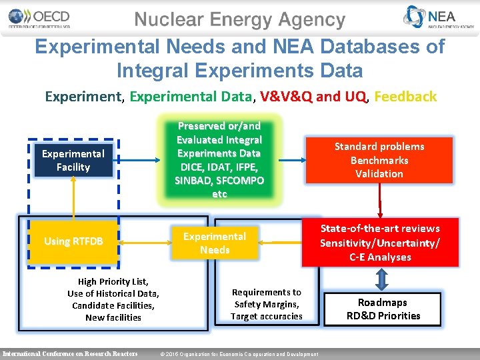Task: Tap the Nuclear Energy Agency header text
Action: click(x=240, y=20)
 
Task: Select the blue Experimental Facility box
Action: click(x=73, y=161)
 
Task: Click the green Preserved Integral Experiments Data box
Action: click(x=219, y=160)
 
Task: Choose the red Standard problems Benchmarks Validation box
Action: click(x=379, y=160)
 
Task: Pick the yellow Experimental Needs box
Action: click(x=215, y=243)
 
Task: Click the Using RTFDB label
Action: click(x=73, y=241)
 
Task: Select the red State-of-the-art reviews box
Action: click(x=379, y=243)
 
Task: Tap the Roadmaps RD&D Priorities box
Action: click(x=383, y=309)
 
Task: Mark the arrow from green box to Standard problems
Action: click(x=288, y=160)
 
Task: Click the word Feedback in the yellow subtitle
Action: click(x=405, y=97)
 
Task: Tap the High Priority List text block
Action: click(x=113, y=299)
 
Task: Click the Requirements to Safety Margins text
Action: click(x=266, y=304)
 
